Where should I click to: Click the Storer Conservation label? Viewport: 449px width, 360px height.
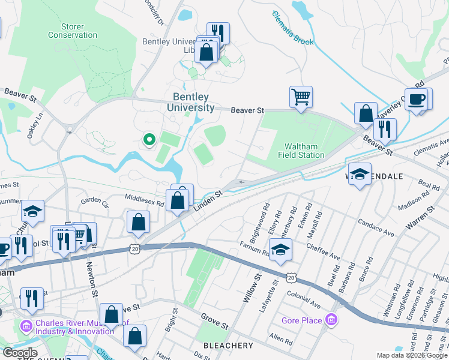(73, 31)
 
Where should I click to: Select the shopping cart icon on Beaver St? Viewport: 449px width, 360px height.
(301, 95)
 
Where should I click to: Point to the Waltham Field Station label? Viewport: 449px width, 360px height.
(304, 151)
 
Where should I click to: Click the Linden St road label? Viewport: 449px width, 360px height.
(208, 201)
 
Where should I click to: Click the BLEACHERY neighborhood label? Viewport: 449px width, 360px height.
(228, 346)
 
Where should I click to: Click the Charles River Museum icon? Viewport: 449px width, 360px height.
(26, 326)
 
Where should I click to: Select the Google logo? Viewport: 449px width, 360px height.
(19, 353)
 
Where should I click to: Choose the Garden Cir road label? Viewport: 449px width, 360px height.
(94, 200)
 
